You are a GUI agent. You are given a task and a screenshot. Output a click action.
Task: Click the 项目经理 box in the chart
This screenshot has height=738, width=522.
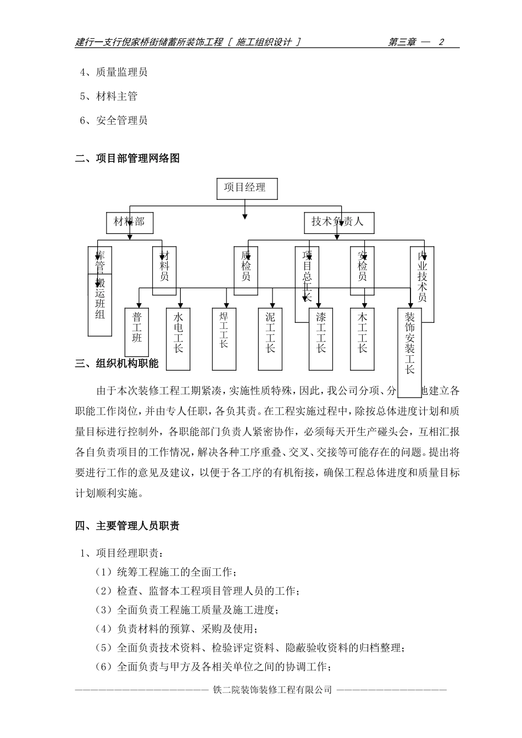point(247,188)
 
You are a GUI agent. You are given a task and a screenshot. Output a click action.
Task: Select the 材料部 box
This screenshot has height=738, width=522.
point(129,222)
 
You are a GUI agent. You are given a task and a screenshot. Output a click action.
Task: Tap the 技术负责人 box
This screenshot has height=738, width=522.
point(337,222)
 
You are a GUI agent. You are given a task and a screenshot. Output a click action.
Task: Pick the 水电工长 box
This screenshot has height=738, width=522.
point(178,338)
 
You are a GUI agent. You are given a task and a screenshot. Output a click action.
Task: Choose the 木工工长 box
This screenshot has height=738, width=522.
point(362,338)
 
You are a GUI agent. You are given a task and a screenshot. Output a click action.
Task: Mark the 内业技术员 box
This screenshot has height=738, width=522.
point(422,284)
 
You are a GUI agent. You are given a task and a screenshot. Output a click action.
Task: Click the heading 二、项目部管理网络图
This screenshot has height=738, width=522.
point(127,159)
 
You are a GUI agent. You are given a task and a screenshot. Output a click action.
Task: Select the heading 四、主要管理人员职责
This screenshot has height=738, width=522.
point(127,526)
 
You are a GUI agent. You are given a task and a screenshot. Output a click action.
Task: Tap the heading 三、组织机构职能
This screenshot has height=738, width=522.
point(117,364)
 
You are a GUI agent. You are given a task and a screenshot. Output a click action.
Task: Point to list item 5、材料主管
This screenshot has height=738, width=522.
point(109,97)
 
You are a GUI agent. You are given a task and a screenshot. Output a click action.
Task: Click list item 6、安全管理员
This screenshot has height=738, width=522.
point(114,121)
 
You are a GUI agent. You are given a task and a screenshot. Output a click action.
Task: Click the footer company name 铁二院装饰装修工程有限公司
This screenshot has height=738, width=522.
point(273,690)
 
